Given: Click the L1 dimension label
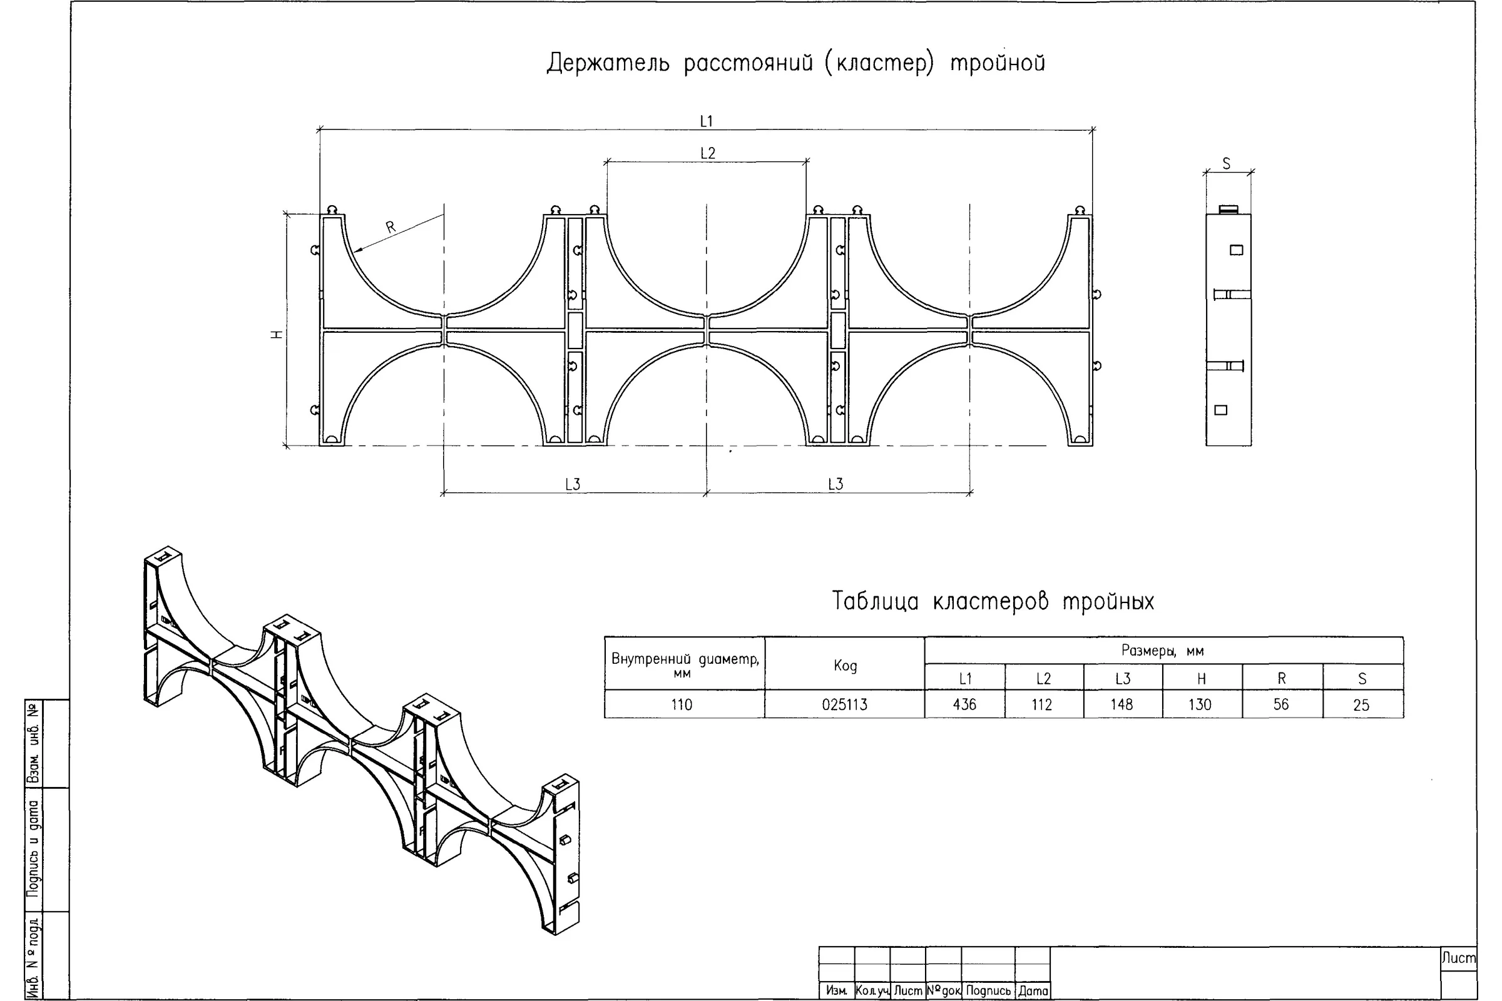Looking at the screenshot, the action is point(707,121).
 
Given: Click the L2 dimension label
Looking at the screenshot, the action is point(708,153).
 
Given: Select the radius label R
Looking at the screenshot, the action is point(391,226).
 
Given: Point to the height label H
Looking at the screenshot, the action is point(277,335).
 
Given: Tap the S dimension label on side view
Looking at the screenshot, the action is point(1226,164).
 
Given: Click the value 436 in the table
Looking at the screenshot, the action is point(965,704).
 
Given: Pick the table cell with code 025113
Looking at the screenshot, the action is point(845,705).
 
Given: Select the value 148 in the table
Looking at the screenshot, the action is point(1122,704).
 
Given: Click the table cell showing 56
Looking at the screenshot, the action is point(1281,704).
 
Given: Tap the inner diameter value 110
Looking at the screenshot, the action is point(682,705).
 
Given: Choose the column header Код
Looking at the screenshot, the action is point(846,666).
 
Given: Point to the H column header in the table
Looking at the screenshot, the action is point(1201,679).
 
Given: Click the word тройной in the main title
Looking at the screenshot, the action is point(998,63).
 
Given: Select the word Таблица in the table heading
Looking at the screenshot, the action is point(875,601).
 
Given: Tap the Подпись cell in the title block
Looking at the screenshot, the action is point(989,991).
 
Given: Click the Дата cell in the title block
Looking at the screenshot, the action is point(1033,991).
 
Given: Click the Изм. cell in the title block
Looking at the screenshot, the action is point(837,991).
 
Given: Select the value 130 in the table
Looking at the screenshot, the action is point(1200,704).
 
